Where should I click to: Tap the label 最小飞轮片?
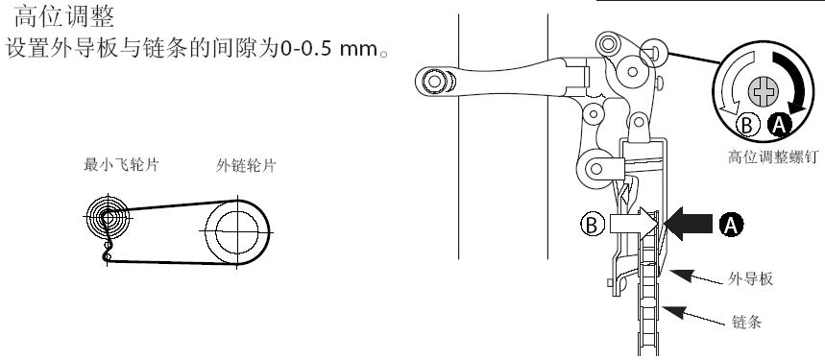[121, 165]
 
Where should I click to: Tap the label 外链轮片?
[246, 165]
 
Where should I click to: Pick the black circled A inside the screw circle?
[781, 124]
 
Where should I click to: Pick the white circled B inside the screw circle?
[748, 124]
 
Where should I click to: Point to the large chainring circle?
[235, 230]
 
